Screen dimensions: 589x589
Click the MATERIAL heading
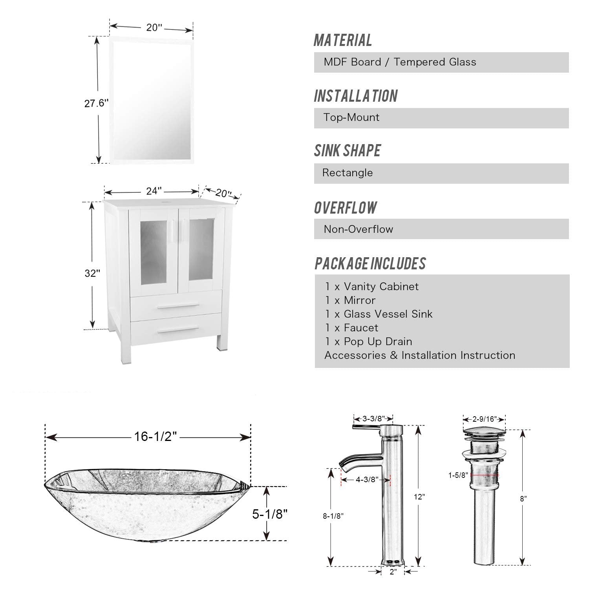(343, 40)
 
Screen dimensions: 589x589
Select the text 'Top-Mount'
(351, 117)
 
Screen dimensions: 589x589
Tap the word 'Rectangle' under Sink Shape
(348, 173)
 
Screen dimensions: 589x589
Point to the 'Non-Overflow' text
(358, 229)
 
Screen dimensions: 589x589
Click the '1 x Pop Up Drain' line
(368, 342)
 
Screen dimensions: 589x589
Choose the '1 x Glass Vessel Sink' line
(379, 314)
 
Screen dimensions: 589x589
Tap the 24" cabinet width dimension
(154, 191)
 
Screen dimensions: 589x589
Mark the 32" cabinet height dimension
(92, 273)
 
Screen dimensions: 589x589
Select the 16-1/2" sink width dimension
(155, 436)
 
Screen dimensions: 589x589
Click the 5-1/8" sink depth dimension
(270, 514)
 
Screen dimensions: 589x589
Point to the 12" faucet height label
(419, 497)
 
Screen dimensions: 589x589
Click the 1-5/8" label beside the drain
(458, 475)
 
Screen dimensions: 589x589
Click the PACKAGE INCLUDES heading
(370, 263)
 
